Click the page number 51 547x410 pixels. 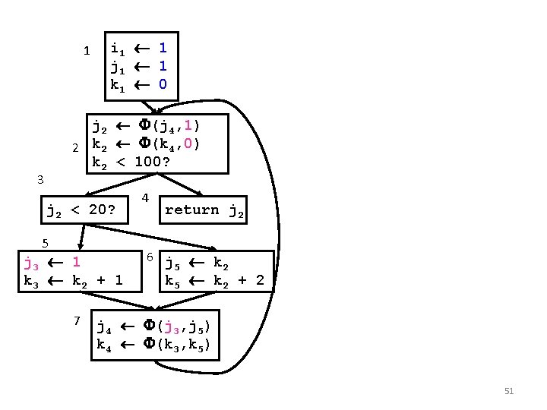coord(509,391)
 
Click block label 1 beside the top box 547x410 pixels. coord(87,52)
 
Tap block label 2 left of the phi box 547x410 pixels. coord(75,147)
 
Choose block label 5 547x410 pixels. coord(46,243)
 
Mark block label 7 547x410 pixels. coord(77,320)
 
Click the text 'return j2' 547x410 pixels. coord(204,210)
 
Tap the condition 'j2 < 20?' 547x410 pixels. coord(81,210)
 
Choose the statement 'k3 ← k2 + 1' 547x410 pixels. coord(73,281)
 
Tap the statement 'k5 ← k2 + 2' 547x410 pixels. coord(215,281)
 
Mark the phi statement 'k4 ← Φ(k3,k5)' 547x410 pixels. coord(153,345)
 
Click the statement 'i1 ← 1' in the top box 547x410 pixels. coord(139,47)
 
